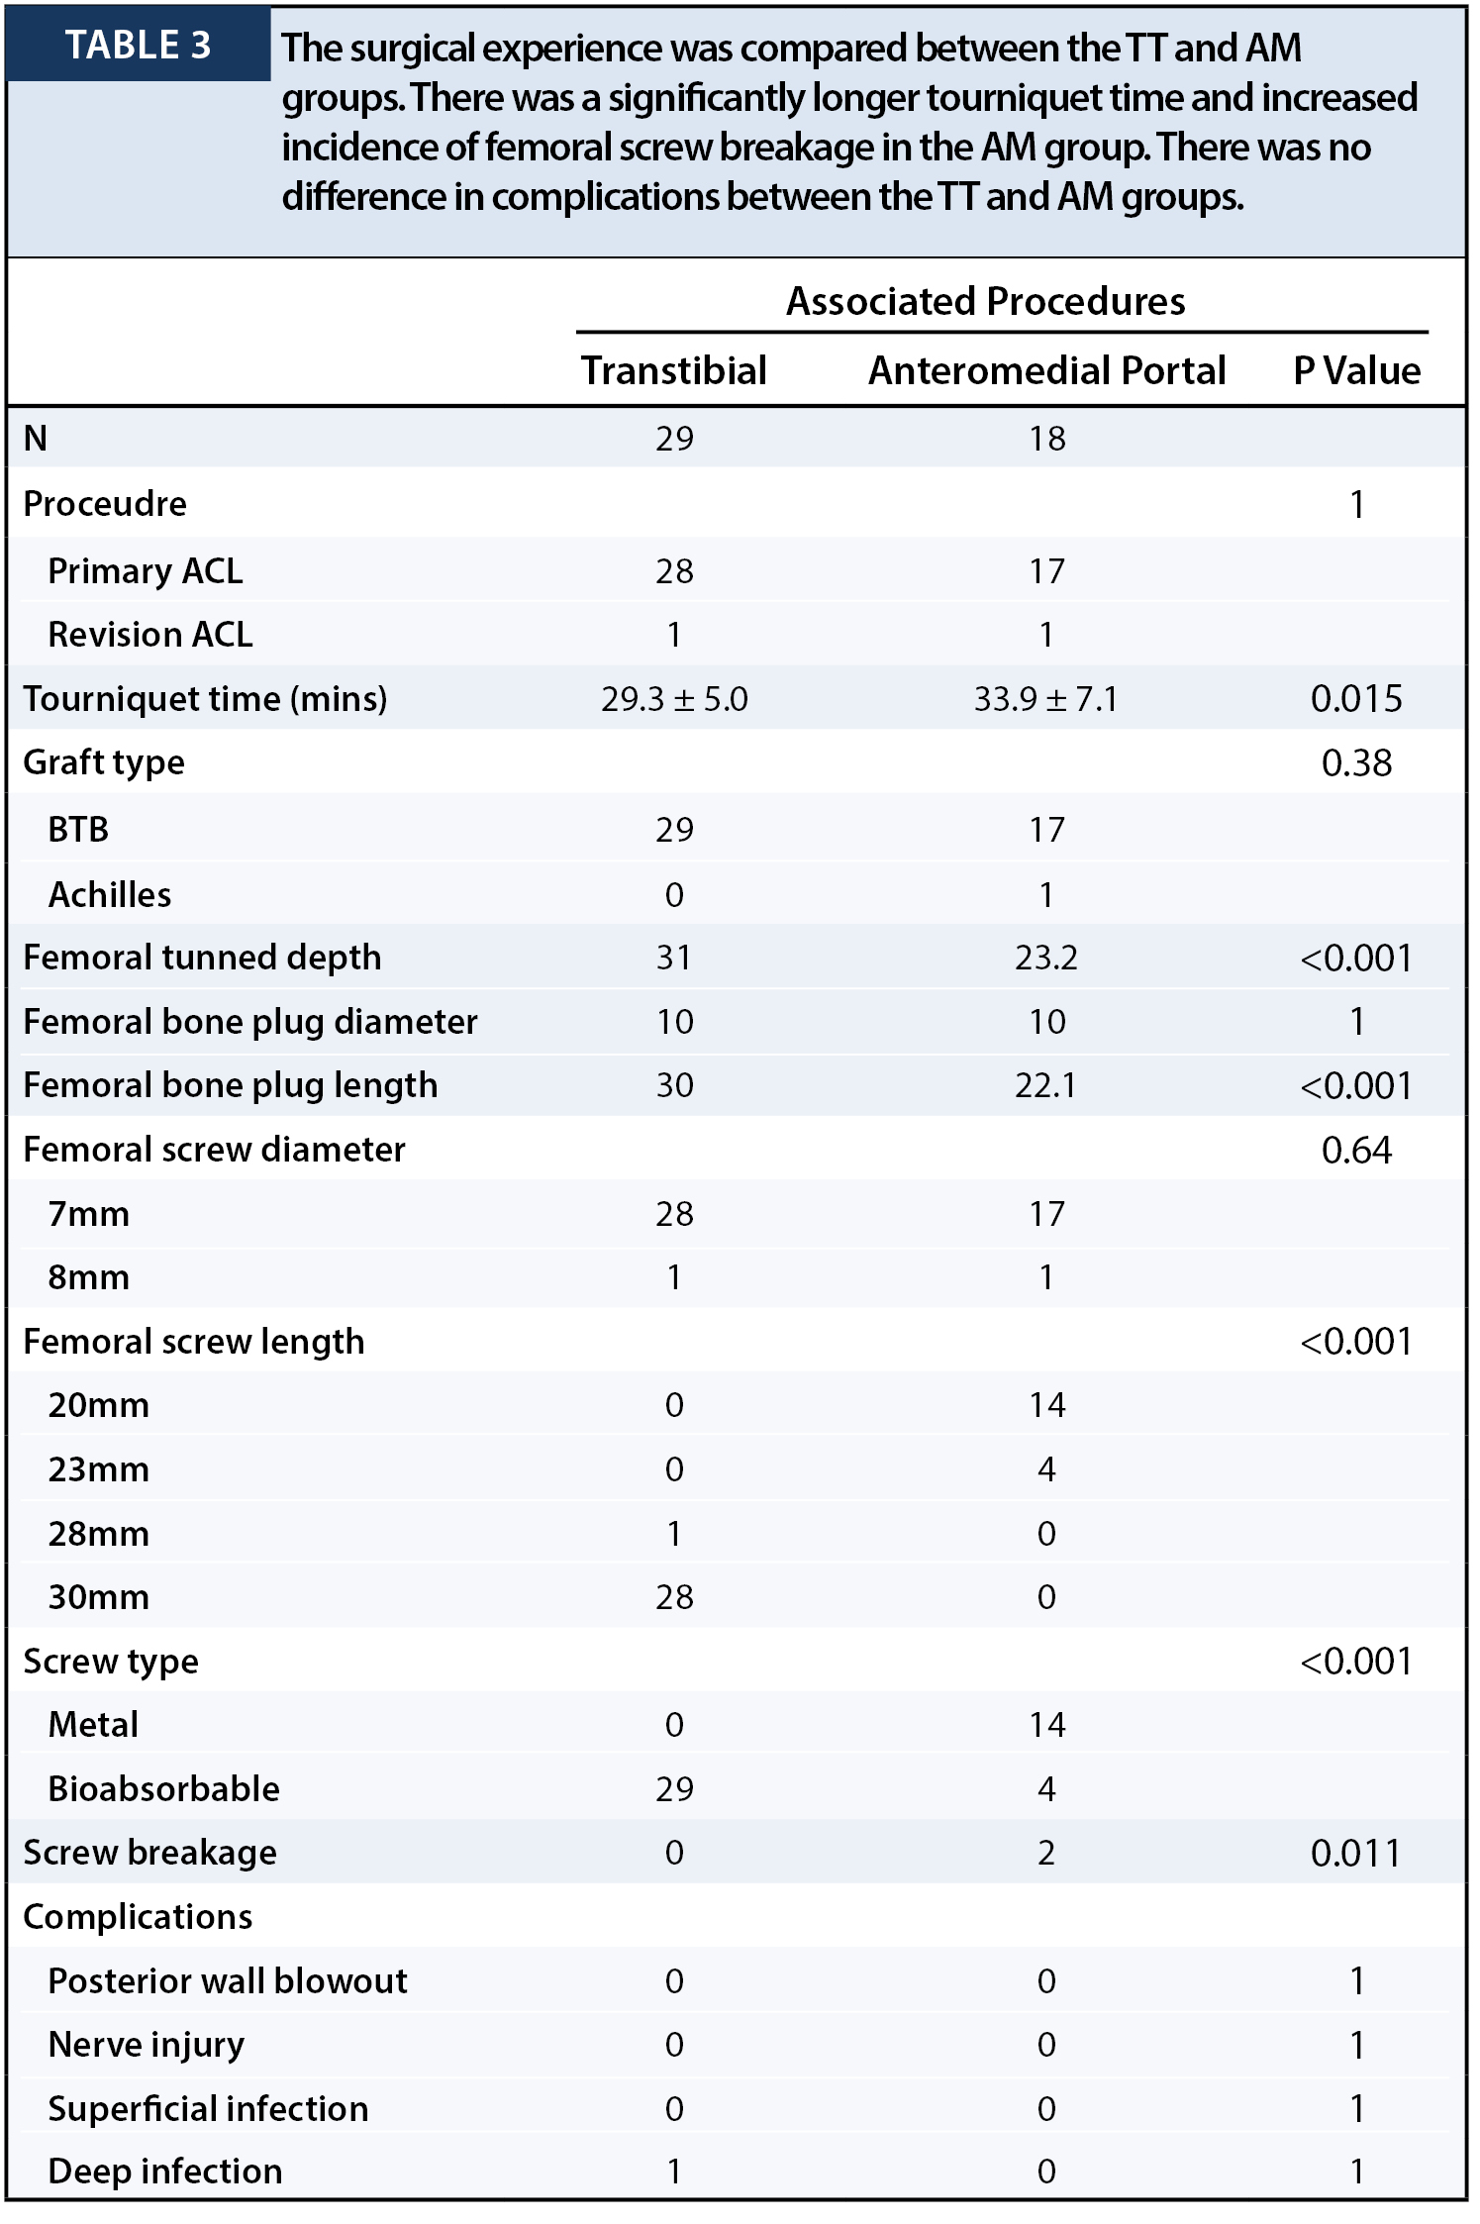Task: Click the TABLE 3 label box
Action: (139, 45)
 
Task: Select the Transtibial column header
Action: (674, 370)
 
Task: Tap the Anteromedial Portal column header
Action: (1046, 370)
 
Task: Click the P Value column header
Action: (1356, 370)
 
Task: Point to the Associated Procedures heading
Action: (986, 301)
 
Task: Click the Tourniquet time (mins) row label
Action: (205, 699)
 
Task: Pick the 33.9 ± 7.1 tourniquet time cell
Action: (1046, 699)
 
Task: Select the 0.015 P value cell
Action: (1356, 699)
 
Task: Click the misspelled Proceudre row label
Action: (105, 504)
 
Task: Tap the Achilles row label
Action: (110, 895)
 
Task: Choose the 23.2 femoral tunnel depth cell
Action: (1046, 959)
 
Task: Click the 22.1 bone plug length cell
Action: (1046, 1086)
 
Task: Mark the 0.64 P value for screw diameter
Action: (1356, 1151)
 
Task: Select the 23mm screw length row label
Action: (99, 1469)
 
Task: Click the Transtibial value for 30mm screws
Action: (674, 1597)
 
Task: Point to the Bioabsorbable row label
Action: (164, 1789)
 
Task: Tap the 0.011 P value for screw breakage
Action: (1356, 1854)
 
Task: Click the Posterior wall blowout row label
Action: (228, 1981)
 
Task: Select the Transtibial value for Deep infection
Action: (674, 2172)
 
